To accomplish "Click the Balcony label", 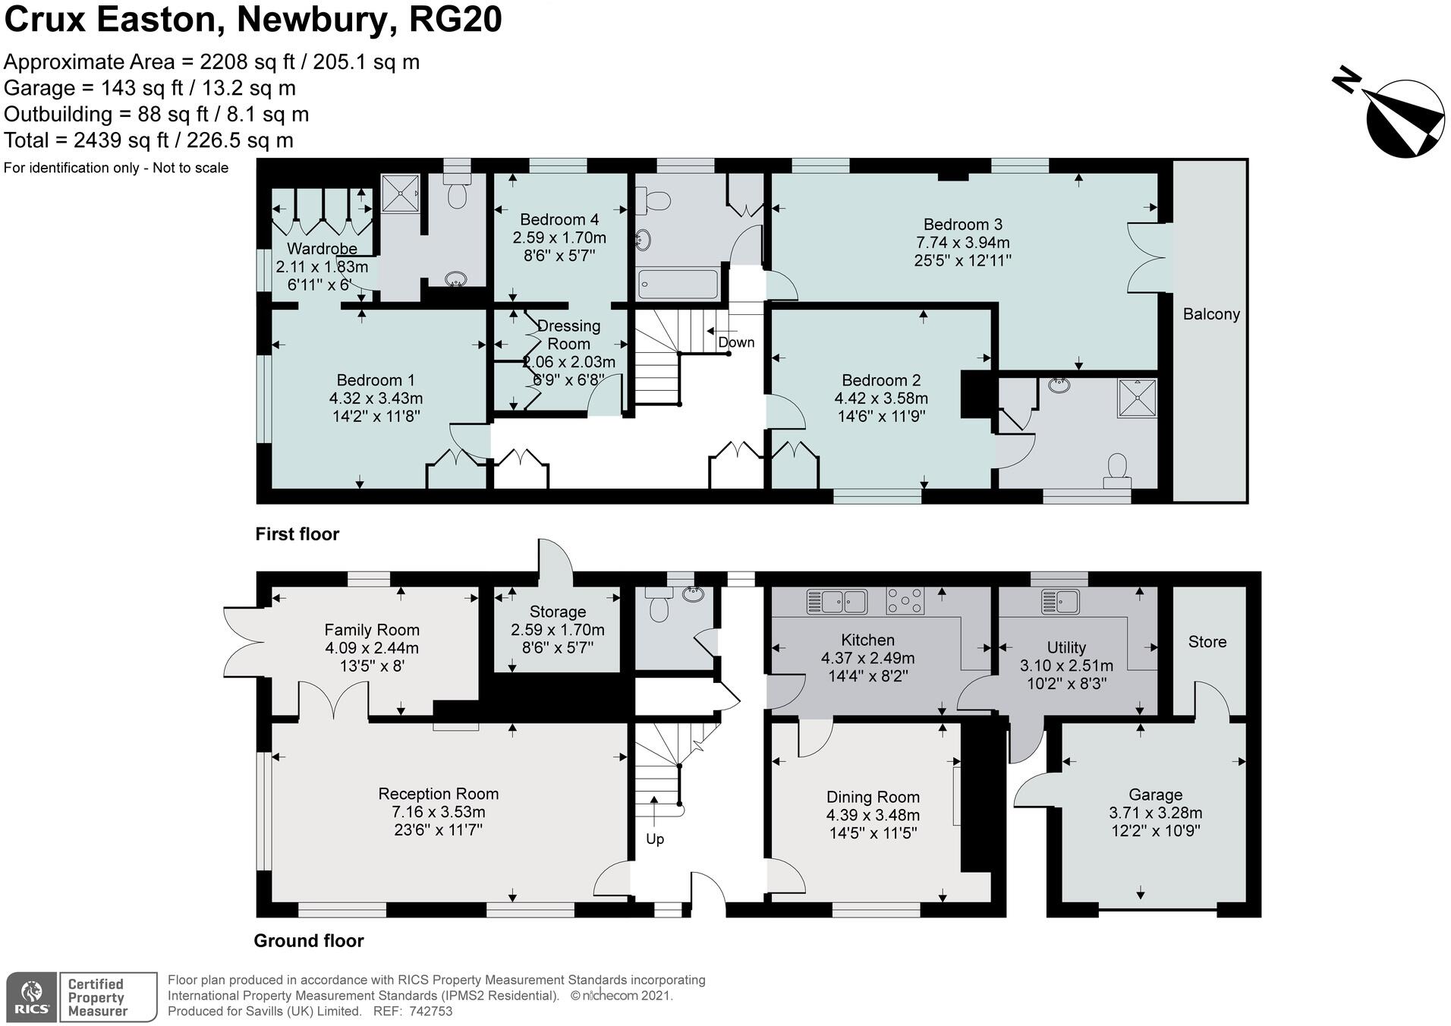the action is pyautogui.click(x=1210, y=314).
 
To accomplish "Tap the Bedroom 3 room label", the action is pyautogui.click(x=962, y=225).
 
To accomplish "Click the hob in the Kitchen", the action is pyautogui.click(x=905, y=600).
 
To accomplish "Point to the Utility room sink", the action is pyautogui.click(x=1061, y=601).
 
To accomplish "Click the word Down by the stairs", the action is pyautogui.click(x=736, y=342).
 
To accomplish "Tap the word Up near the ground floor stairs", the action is pyautogui.click(x=654, y=839).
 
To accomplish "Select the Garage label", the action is pyautogui.click(x=1155, y=795).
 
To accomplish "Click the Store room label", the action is pyautogui.click(x=1207, y=642).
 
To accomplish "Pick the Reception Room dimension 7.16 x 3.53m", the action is pyautogui.click(x=438, y=812).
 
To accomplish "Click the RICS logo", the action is pyautogui.click(x=32, y=997).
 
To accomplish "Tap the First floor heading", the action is pyautogui.click(x=297, y=534).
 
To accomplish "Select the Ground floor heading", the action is pyautogui.click(x=308, y=941).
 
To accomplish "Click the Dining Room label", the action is pyautogui.click(x=873, y=797).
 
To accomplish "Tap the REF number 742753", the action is pyautogui.click(x=430, y=1011).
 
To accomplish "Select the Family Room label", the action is pyautogui.click(x=371, y=630).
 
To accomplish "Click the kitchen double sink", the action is pyautogui.click(x=837, y=601).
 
